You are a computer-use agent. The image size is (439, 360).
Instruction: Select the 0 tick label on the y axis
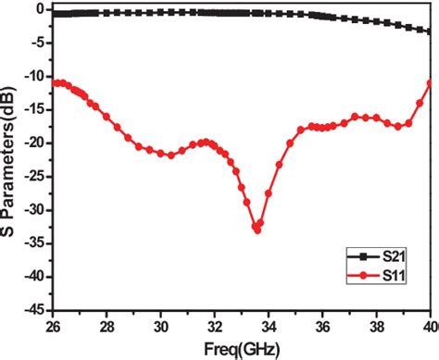click(42, 9)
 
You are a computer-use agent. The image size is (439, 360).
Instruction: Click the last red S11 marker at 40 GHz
click(430, 83)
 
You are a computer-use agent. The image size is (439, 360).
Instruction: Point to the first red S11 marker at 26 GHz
click(54, 83)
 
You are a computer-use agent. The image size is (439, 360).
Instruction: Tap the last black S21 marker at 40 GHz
click(430, 31)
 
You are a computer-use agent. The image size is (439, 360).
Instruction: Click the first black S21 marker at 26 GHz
click(54, 15)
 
